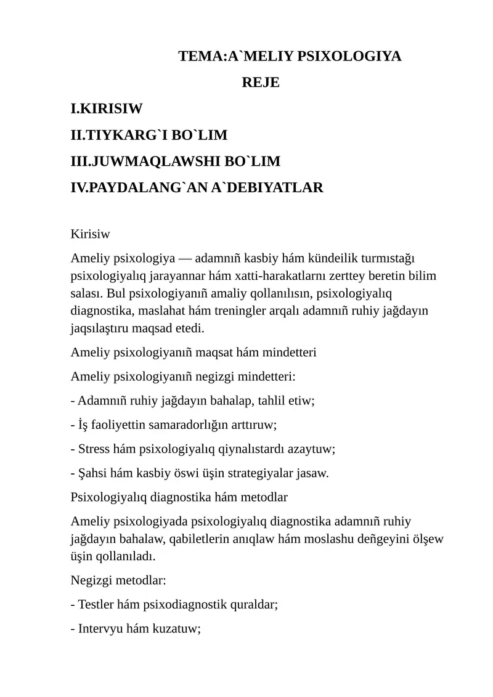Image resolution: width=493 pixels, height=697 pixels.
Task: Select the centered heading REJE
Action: [261, 83]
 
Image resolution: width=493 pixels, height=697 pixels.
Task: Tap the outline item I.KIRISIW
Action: [107, 109]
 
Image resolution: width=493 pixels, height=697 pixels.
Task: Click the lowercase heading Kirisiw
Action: [91, 234]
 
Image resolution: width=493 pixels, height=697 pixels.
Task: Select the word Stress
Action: [94, 449]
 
